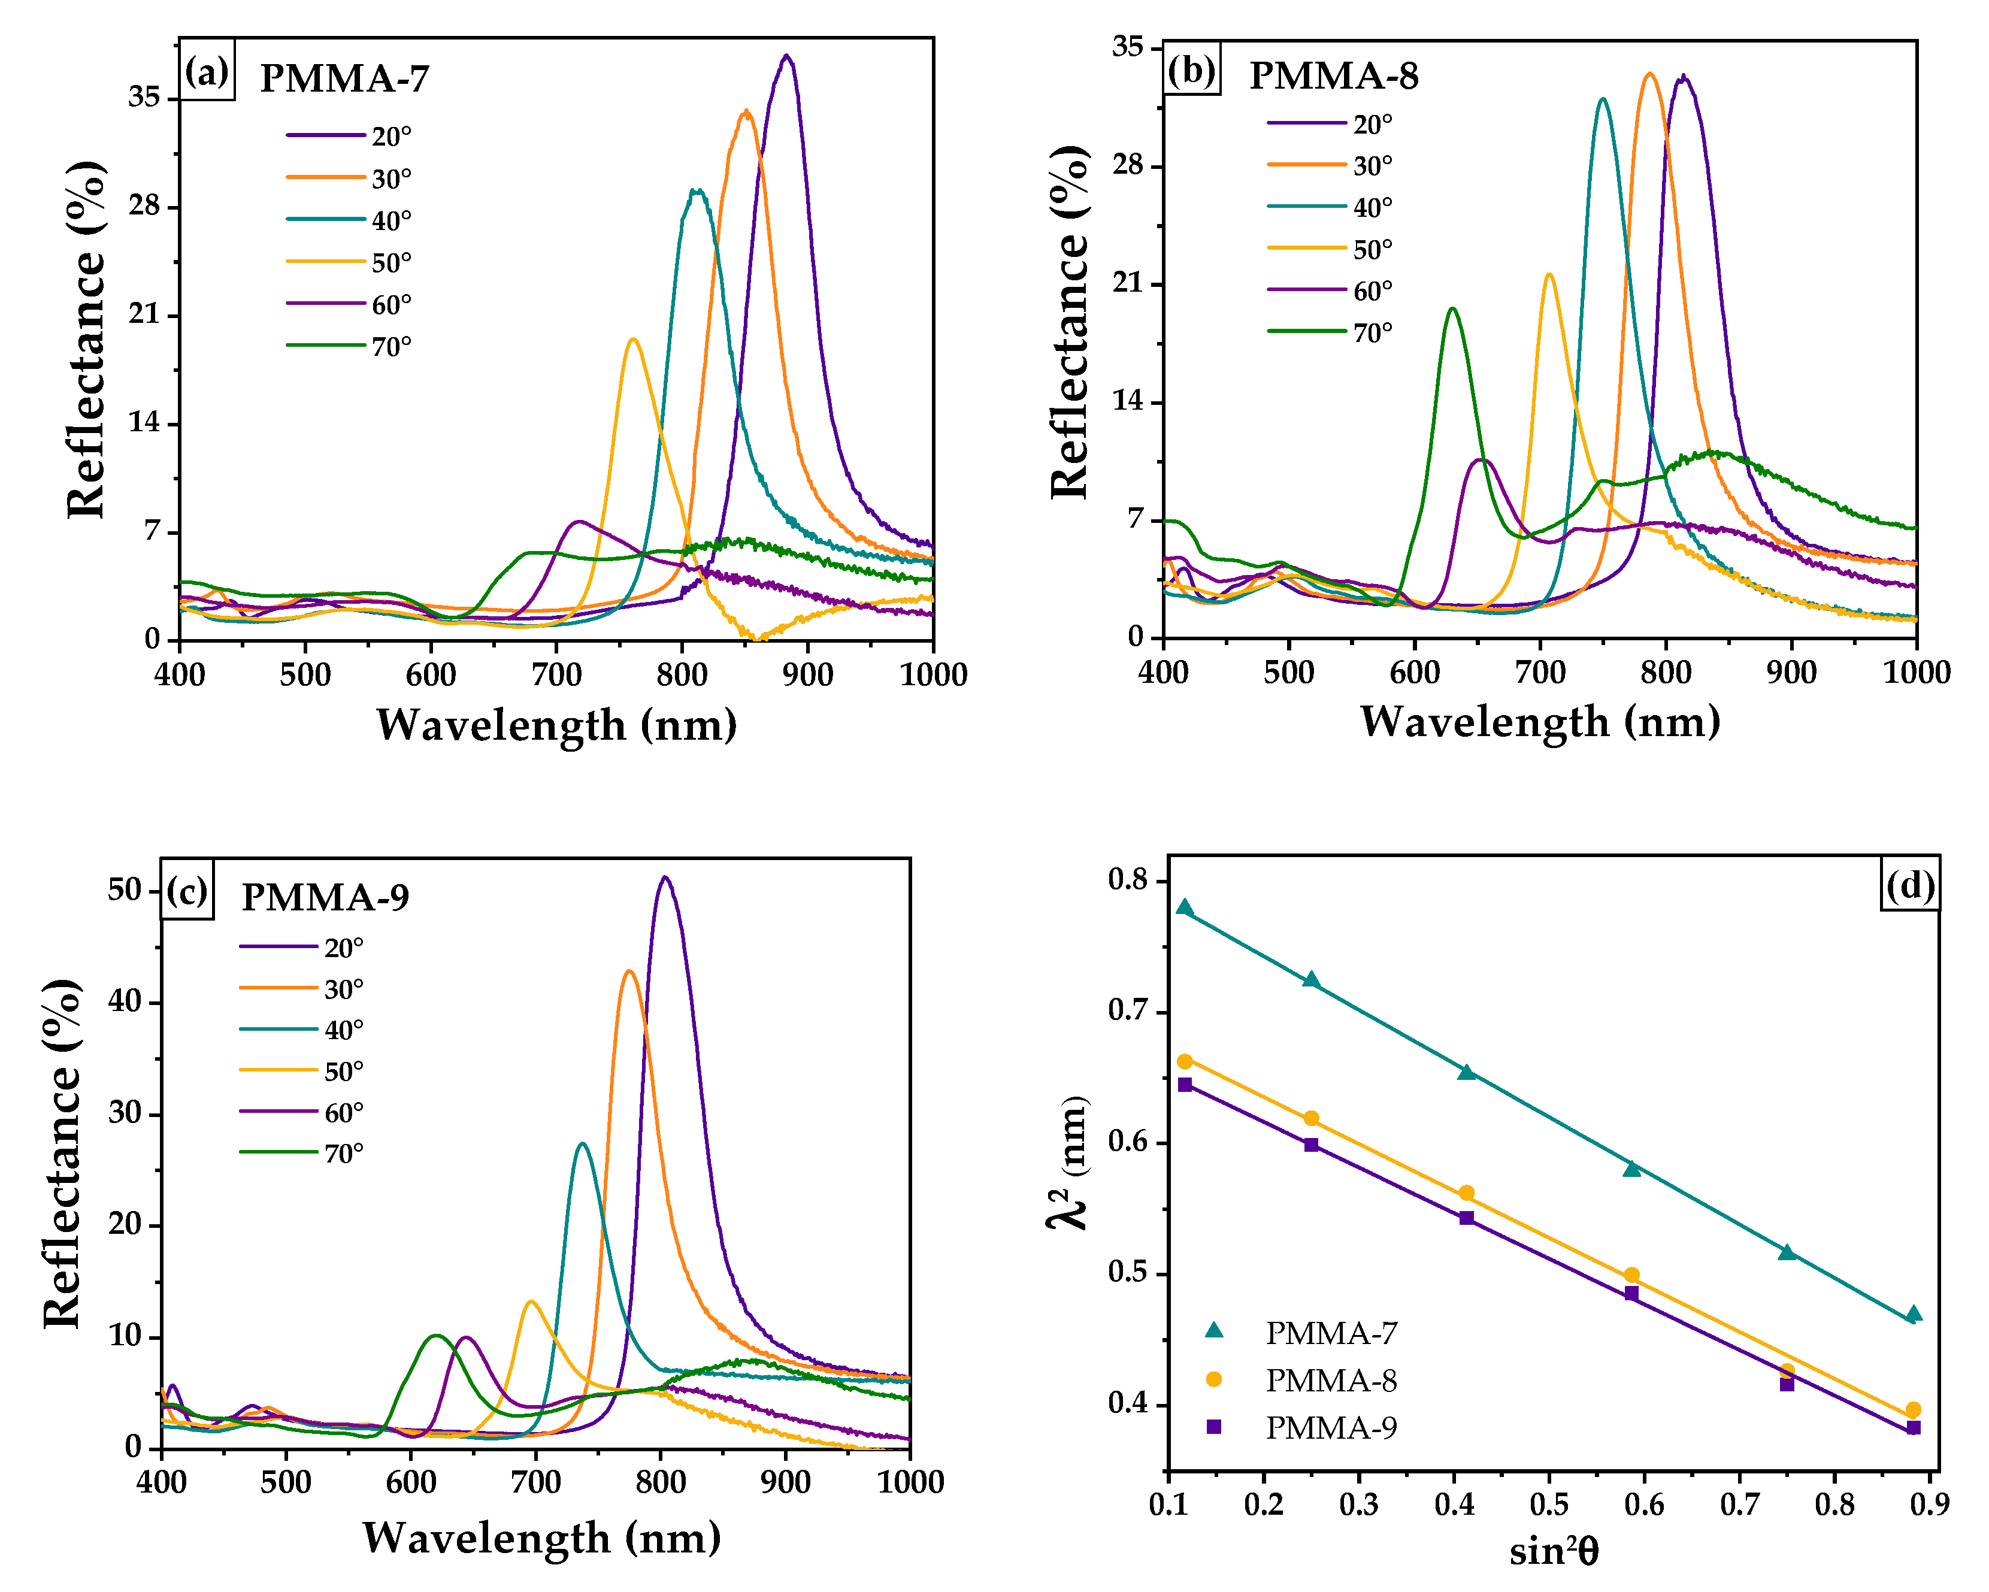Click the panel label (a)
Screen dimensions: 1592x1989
207,71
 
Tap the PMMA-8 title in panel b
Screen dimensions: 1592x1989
1333,75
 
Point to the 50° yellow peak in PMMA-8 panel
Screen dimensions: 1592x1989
1548,275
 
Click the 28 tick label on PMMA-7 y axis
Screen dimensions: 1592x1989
145,205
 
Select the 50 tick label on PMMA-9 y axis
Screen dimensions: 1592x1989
125,890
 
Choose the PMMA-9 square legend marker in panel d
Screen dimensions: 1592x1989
1214,1427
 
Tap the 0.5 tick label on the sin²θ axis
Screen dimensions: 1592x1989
1549,1505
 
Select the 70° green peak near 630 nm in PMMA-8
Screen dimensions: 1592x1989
1453,309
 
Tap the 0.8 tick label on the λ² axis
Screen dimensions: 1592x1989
1127,880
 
